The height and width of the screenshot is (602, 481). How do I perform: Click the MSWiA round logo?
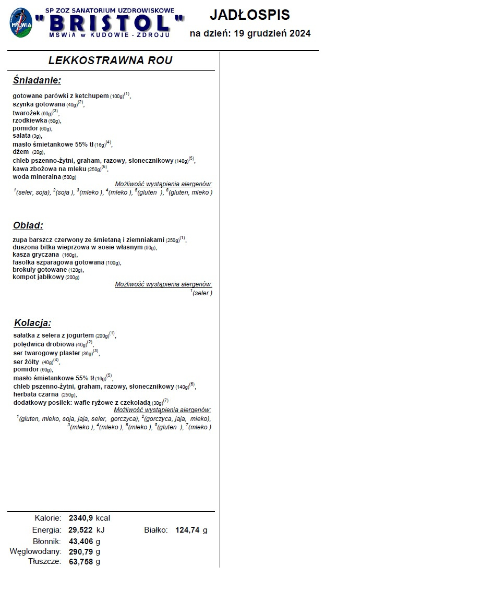pyautogui.click(x=20, y=23)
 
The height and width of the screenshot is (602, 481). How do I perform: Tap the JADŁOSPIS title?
pyautogui.click(x=250, y=15)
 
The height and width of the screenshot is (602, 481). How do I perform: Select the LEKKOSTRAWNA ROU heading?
pyautogui.click(x=110, y=61)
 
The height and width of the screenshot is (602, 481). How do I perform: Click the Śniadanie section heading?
pyautogui.click(x=37, y=80)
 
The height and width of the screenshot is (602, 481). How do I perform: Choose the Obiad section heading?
pyautogui.click(x=28, y=226)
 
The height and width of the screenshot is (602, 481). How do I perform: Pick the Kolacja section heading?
pyautogui.click(x=32, y=323)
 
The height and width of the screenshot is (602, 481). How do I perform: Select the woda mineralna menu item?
pyautogui.click(x=37, y=177)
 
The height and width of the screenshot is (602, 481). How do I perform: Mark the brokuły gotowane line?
pyautogui.click(x=40, y=270)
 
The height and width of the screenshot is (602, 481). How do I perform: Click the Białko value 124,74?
pyautogui.click(x=186, y=530)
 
